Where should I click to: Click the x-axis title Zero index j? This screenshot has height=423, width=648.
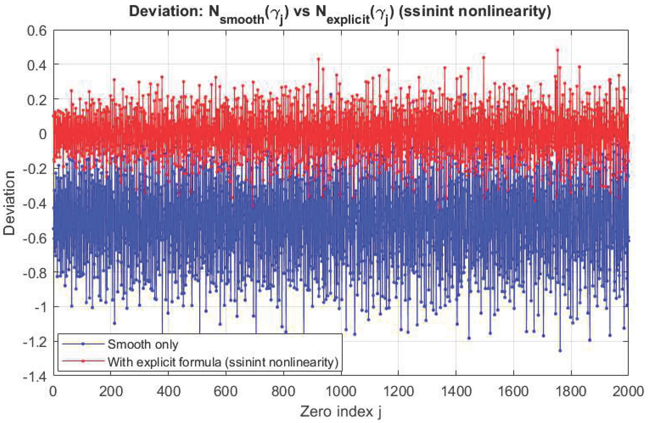(340, 411)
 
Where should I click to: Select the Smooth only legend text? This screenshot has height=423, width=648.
(143, 344)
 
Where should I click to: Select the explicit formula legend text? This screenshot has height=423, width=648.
(223, 362)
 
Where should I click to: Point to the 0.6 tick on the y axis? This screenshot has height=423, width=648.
(37, 31)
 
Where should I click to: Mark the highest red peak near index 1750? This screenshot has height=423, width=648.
(557, 50)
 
